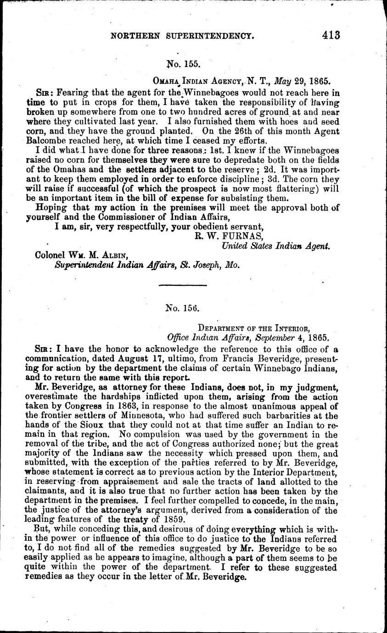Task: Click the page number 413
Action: [x=331, y=35]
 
